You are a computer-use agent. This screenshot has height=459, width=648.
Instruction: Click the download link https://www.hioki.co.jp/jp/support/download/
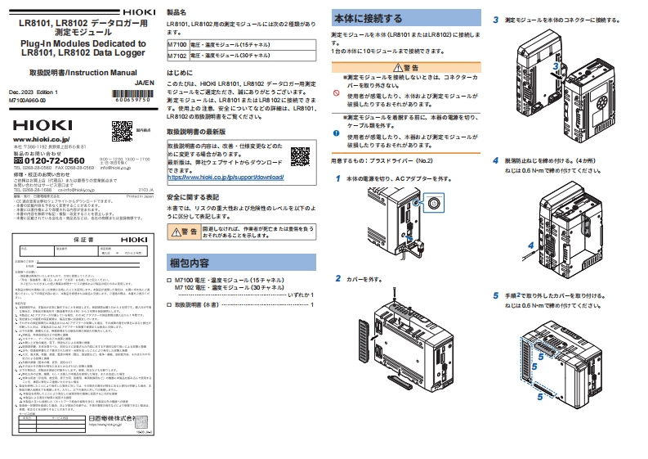(x=224, y=177)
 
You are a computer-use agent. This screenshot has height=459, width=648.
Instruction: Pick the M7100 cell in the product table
(x=177, y=42)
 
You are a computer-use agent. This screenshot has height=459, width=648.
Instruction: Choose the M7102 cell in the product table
(x=177, y=55)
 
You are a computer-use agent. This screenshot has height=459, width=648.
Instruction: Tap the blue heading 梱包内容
(x=189, y=263)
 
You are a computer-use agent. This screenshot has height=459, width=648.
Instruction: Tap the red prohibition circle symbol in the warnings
(x=336, y=94)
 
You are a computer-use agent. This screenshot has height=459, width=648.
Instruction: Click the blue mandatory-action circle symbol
(x=336, y=133)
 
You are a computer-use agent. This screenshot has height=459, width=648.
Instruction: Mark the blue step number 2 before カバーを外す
(x=337, y=278)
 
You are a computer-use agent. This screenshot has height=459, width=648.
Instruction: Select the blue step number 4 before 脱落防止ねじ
(x=496, y=160)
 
